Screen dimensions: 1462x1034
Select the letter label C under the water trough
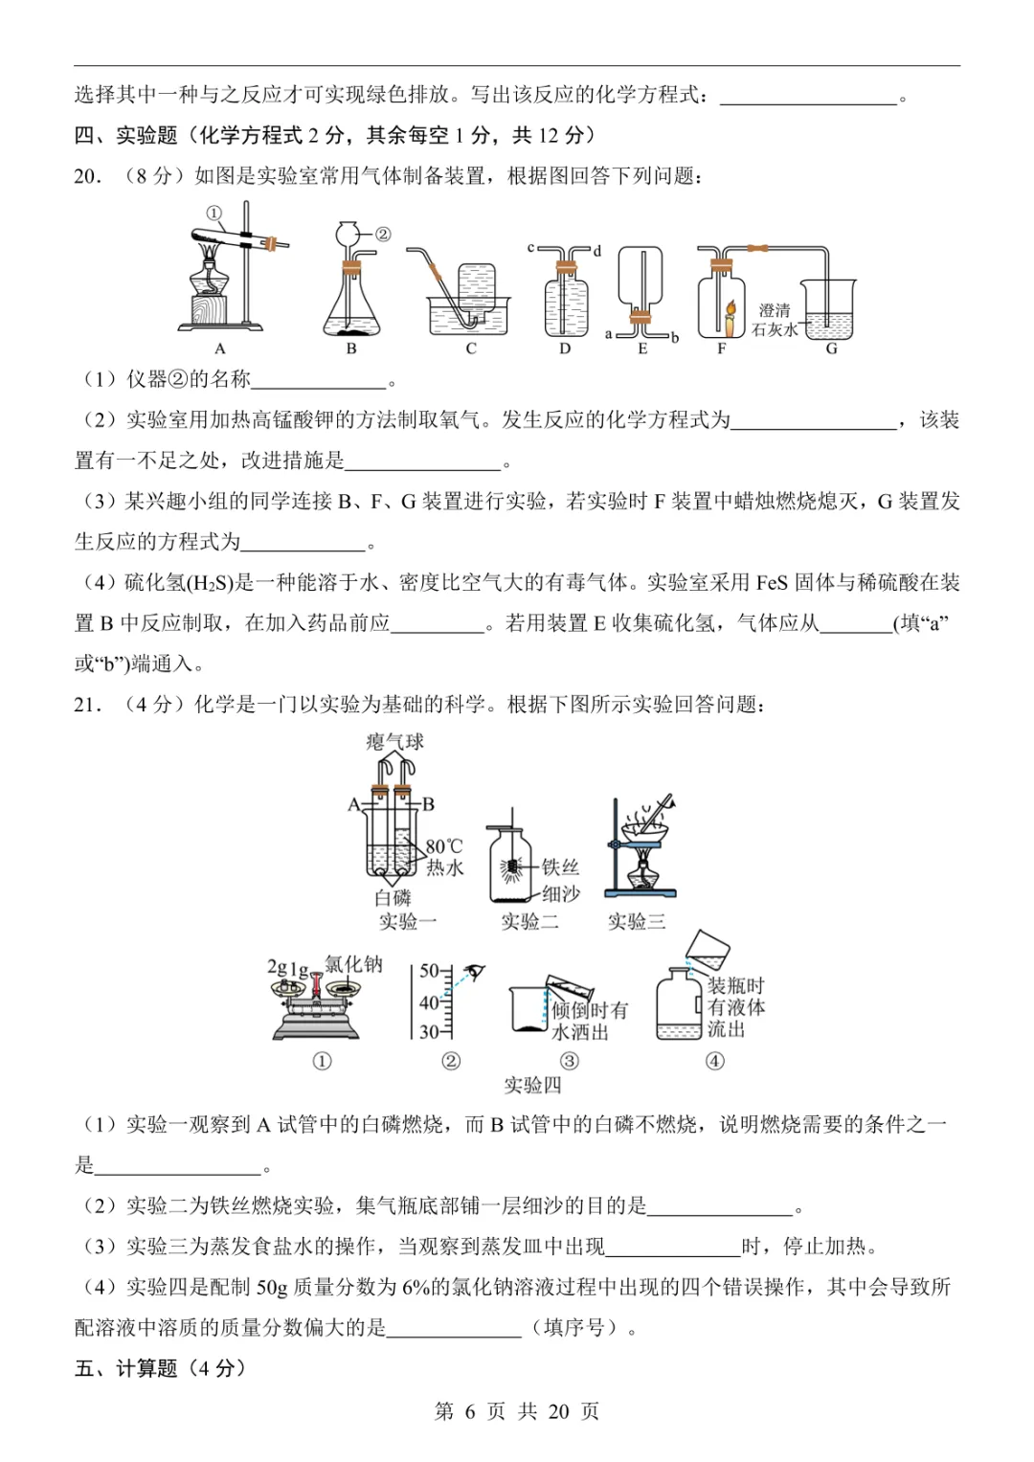471,349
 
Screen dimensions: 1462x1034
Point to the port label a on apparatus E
609,334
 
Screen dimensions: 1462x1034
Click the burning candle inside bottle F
730,316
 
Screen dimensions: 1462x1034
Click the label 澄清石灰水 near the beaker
775,320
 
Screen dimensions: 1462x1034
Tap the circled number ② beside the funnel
382,234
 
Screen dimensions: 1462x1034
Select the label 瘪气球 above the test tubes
394,742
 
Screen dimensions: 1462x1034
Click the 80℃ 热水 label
444,857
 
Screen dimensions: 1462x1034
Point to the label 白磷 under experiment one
393,897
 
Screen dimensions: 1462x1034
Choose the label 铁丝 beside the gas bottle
561,866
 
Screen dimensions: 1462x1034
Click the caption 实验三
636,921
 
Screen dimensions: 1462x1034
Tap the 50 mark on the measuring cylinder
429,971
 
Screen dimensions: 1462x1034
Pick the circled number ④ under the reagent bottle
714,1061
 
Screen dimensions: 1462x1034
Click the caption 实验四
532,1085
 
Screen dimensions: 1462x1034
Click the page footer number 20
559,1411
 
